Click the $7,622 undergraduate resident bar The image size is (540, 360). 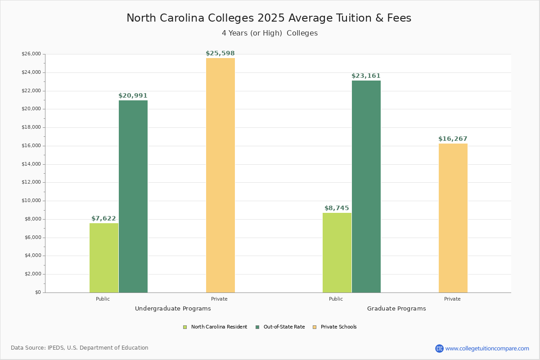click(x=104, y=258)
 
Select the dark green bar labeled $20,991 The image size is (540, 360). click(x=133, y=196)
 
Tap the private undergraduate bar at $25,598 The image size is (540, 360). click(x=220, y=175)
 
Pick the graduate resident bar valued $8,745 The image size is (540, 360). click(x=337, y=252)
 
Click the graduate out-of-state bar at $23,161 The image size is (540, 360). click(x=366, y=186)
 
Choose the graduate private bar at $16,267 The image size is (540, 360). click(x=453, y=218)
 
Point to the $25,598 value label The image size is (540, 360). click(x=220, y=54)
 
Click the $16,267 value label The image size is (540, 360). click(x=453, y=139)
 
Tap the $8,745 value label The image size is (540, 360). click(x=337, y=208)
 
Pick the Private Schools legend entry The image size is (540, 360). click(x=338, y=327)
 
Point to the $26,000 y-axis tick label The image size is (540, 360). click(x=31, y=54)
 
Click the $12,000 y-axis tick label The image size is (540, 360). click(x=31, y=182)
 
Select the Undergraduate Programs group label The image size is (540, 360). click(x=173, y=309)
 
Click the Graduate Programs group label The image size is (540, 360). click(x=396, y=309)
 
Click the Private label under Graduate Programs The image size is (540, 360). click(x=452, y=299)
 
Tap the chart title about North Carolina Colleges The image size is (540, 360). click(x=269, y=18)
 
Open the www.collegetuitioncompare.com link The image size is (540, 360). click(x=487, y=348)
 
